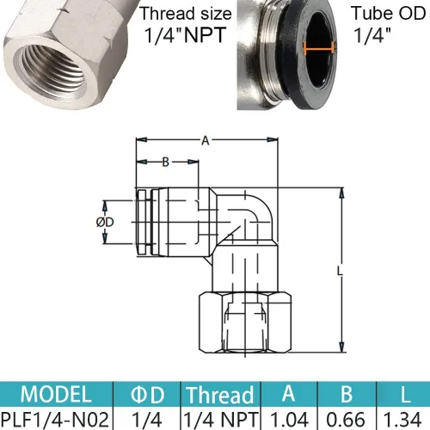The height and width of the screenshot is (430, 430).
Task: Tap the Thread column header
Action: pos(220,396)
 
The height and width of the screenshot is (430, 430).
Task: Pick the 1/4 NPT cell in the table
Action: pos(220,419)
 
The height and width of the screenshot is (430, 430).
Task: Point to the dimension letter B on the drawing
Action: pos(164,160)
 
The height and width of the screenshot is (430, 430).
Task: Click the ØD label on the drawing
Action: pos(106,222)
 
